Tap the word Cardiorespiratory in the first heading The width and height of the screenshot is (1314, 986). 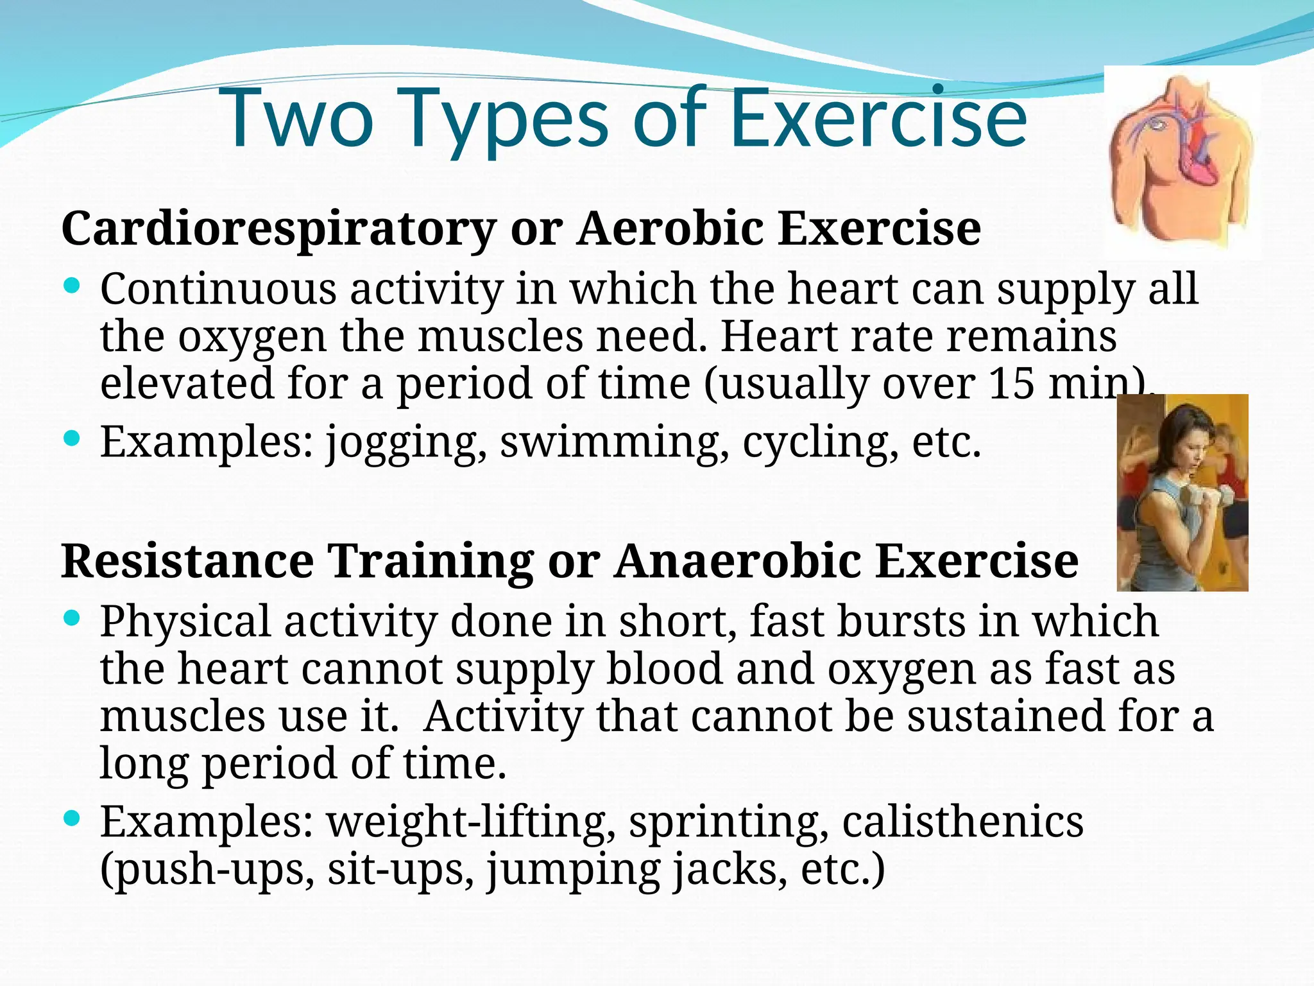pyautogui.click(x=278, y=229)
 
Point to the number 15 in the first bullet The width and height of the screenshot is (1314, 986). pyautogui.click(x=1012, y=383)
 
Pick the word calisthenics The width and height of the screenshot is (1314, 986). pyautogui.click(x=962, y=822)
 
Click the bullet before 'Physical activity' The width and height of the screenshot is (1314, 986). pyautogui.click(x=72, y=618)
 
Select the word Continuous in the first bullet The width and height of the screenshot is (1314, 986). pyautogui.click(x=218, y=289)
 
